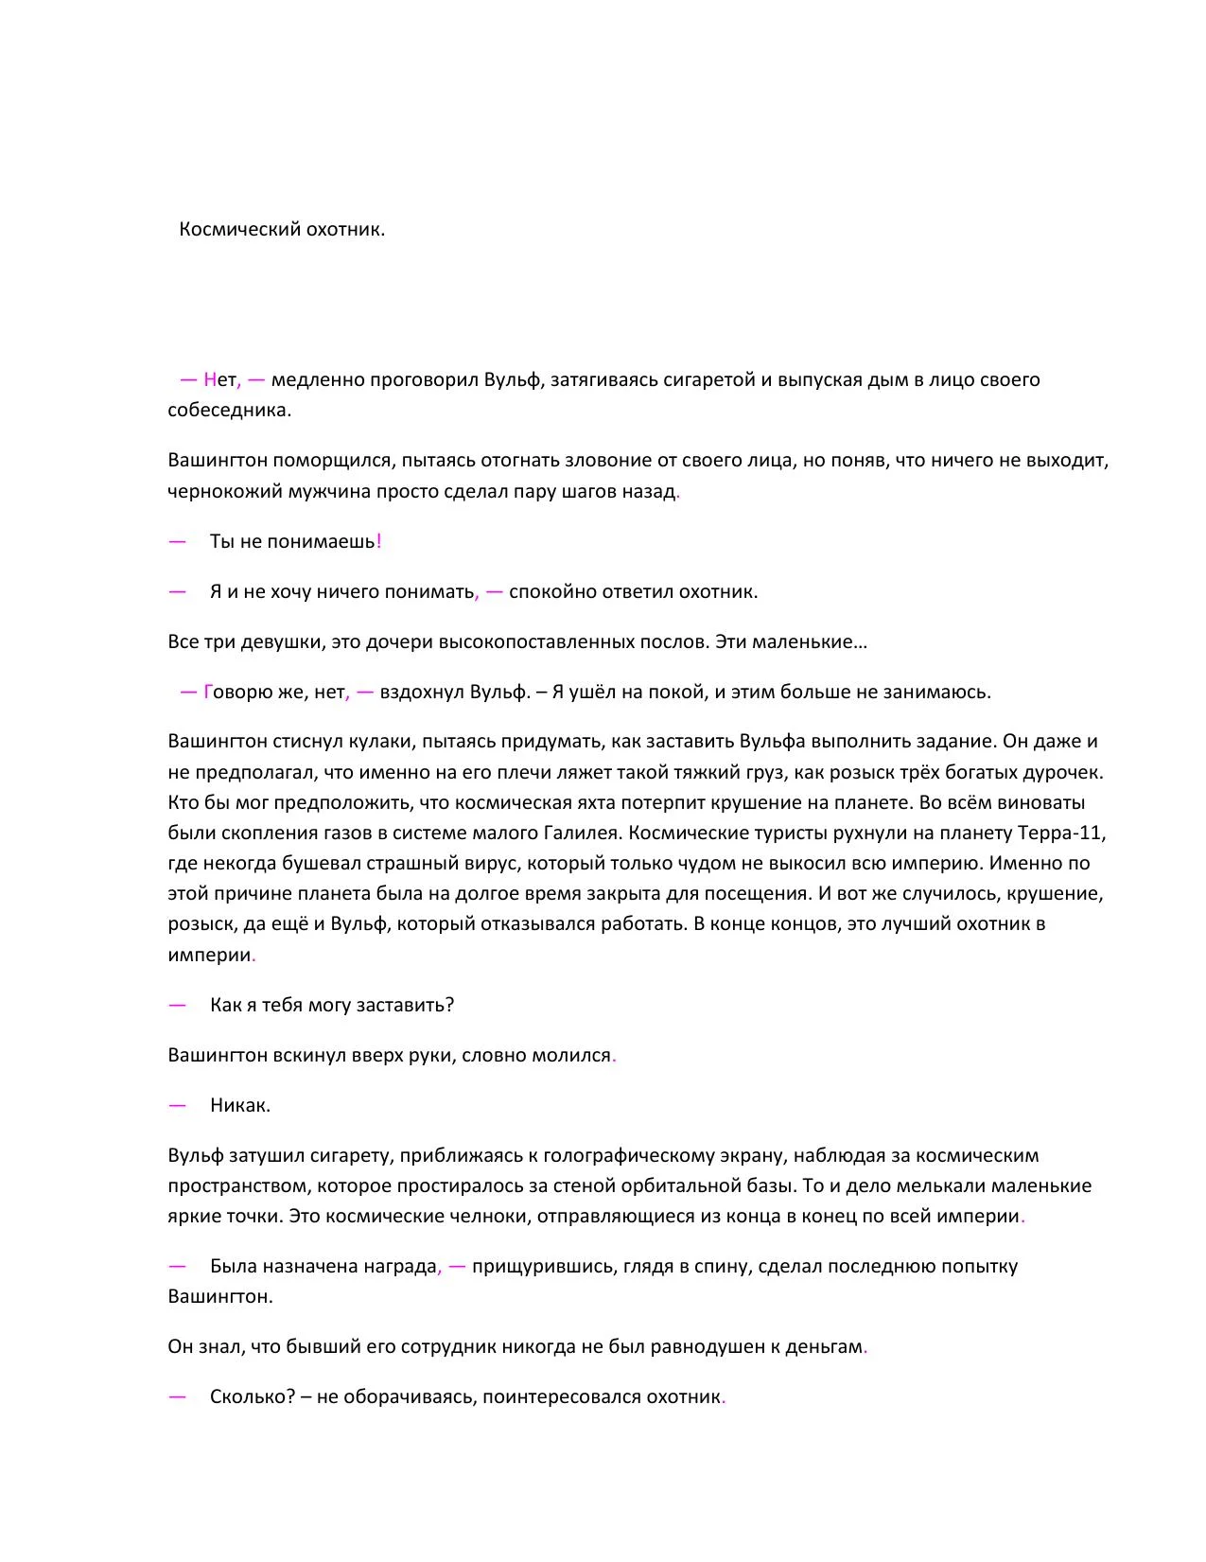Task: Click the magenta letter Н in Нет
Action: pyautogui.click(x=210, y=380)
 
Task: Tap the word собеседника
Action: pyautogui.click(x=229, y=411)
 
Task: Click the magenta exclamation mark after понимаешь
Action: pyautogui.click(x=378, y=542)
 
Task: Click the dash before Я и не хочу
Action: pyautogui.click(x=177, y=592)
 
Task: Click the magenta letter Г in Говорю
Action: pyautogui.click(x=208, y=693)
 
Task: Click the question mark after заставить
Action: pyautogui.click(x=449, y=1006)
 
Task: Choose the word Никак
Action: pyautogui.click(x=239, y=1106)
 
